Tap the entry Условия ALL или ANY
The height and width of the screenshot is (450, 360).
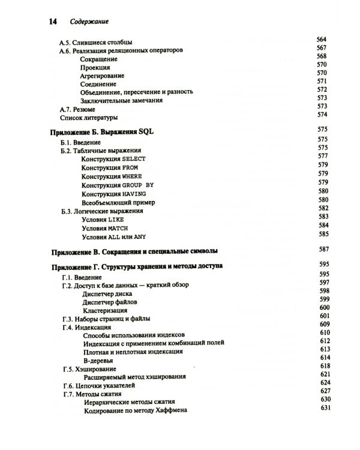[x=112, y=237]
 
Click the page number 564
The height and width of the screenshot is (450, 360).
[x=322, y=40]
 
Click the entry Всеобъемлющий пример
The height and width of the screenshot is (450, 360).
[x=115, y=203]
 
